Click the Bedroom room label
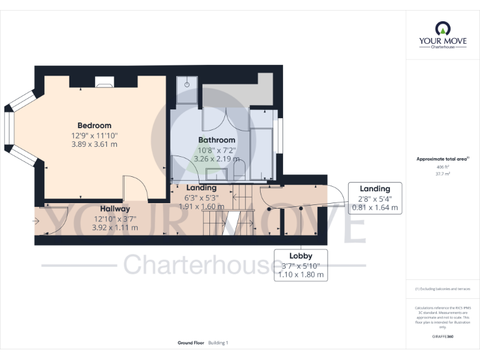94,126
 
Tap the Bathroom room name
217,140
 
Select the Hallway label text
115,209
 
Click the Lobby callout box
300,265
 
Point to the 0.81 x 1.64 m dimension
375,207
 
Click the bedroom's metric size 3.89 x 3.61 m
94,144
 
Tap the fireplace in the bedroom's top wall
104,81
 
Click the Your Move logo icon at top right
442,29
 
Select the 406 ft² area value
442,167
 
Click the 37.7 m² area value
442,174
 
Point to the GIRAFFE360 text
442,337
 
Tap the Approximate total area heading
441,159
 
